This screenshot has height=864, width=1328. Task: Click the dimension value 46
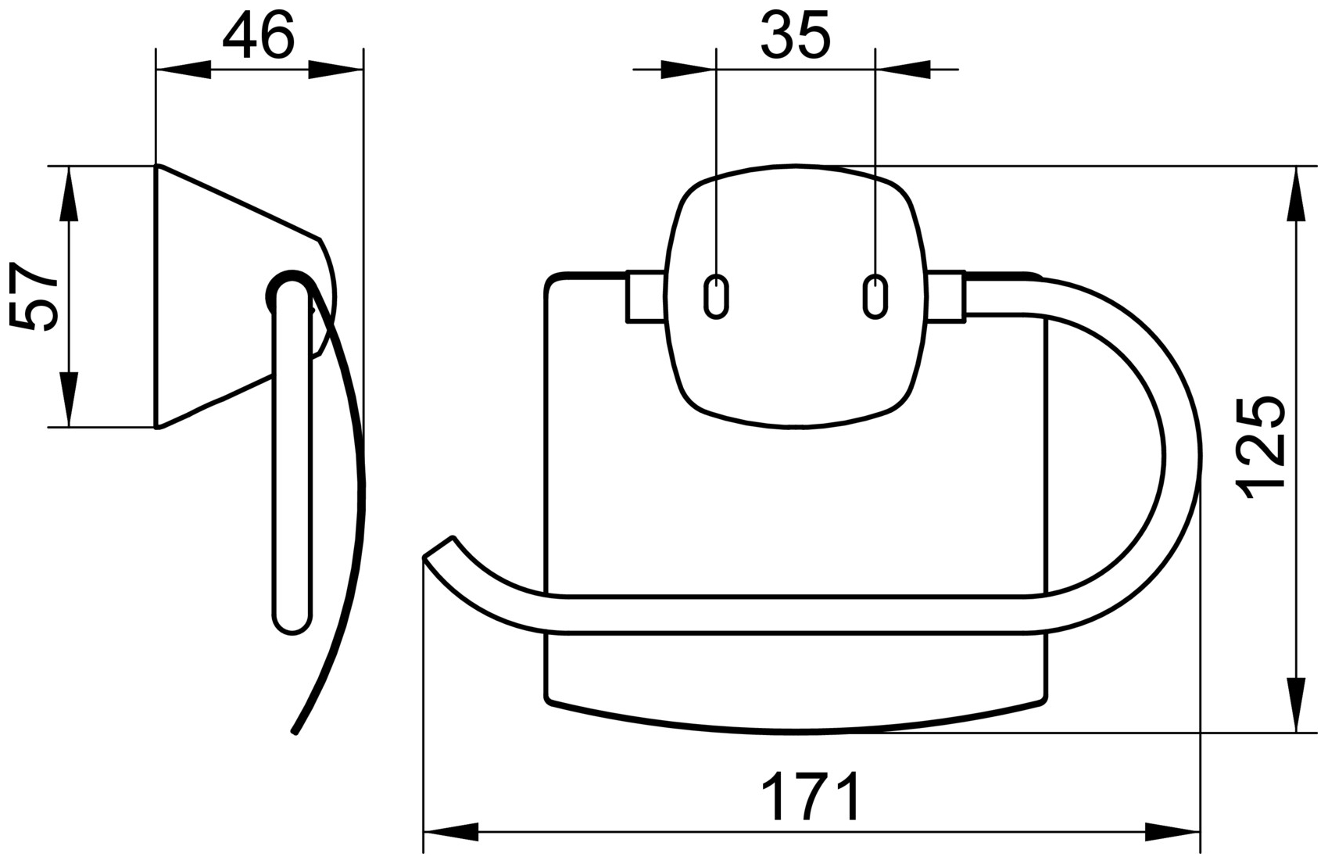point(258,36)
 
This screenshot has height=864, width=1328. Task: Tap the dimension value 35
point(794,36)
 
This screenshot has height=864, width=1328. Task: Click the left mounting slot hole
point(716,296)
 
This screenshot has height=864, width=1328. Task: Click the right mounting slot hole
point(875,296)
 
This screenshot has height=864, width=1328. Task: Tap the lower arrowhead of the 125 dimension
point(1296,704)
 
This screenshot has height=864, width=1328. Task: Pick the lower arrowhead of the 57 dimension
point(69,400)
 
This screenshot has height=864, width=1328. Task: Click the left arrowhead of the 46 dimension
point(184,70)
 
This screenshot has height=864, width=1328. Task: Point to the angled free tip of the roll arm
point(438,547)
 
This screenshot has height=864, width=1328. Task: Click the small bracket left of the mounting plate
point(645,296)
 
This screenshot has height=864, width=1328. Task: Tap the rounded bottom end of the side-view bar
point(293,622)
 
